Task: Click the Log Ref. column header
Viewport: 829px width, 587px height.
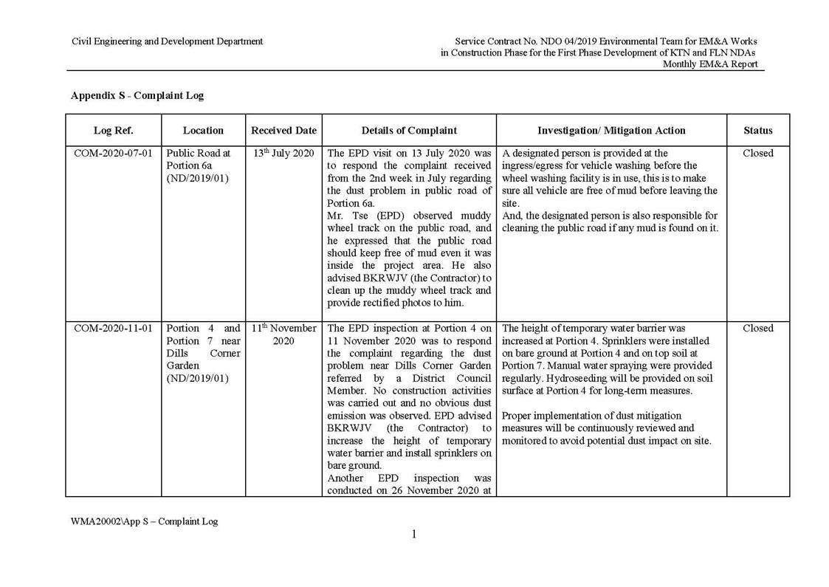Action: (x=113, y=131)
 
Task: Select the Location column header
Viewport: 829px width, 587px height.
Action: (x=203, y=131)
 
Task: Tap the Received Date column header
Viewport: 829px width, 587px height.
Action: (x=283, y=131)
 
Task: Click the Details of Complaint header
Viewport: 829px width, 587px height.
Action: (x=409, y=131)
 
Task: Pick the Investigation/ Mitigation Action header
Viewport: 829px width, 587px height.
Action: (x=611, y=131)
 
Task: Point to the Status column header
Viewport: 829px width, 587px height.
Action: (x=757, y=131)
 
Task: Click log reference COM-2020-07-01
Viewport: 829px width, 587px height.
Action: (x=113, y=154)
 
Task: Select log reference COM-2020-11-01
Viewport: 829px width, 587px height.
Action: (x=113, y=329)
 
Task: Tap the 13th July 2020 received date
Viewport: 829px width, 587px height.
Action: (x=283, y=154)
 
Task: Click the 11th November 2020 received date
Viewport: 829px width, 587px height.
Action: (x=283, y=334)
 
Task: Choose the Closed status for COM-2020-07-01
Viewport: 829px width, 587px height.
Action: (x=757, y=154)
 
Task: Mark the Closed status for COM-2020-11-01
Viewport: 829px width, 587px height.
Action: (x=757, y=329)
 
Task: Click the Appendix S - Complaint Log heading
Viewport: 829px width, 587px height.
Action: (x=137, y=95)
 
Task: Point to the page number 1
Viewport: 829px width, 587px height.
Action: (x=414, y=535)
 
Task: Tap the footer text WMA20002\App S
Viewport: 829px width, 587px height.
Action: (x=144, y=521)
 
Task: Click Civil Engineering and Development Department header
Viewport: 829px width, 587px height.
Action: (x=167, y=41)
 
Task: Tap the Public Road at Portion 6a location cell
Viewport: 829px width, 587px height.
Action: (x=199, y=159)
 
